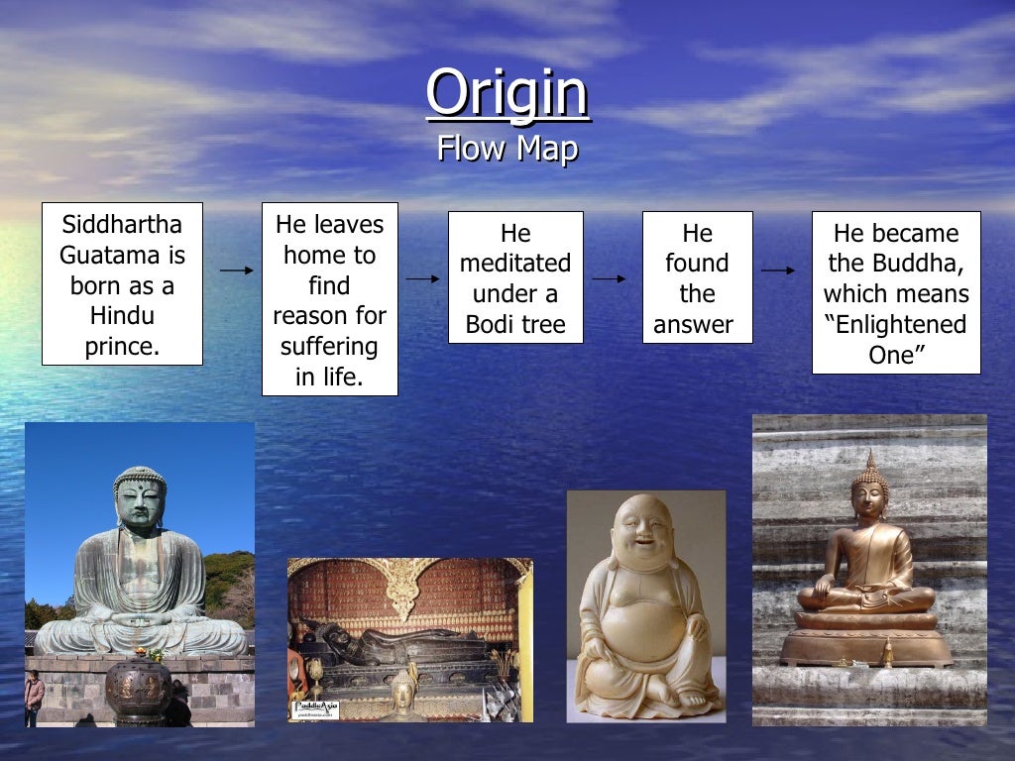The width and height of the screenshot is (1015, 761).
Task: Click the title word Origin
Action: [507, 92]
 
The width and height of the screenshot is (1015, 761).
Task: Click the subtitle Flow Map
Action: [507, 149]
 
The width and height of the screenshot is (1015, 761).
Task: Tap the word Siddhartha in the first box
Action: [122, 224]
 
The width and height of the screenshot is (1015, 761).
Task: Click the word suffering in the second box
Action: [329, 347]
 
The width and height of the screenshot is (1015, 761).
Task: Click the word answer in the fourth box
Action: [694, 324]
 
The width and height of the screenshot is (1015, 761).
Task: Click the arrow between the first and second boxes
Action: [237, 270]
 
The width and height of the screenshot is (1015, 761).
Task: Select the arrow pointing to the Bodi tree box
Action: [423, 278]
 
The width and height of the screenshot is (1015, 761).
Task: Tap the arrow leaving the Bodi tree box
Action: [609, 278]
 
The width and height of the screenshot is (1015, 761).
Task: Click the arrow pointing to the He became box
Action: [778, 270]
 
